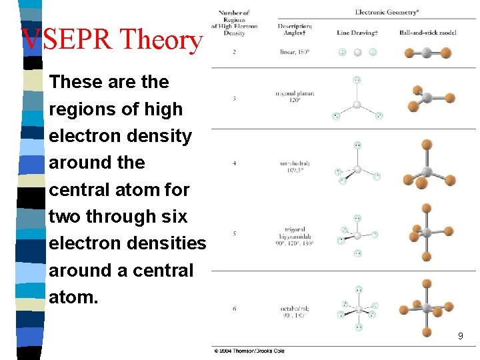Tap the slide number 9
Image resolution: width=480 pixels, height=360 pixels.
(x=460, y=337)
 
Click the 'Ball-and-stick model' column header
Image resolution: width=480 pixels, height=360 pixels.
(x=427, y=32)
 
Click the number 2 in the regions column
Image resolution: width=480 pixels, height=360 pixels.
(x=234, y=52)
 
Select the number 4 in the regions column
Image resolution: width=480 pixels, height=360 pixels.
(x=234, y=163)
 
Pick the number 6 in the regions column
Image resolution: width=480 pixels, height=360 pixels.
(x=234, y=309)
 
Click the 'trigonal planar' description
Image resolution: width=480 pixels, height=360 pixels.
(x=295, y=97)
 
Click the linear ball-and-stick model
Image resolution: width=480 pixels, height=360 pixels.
(x=427, y=53)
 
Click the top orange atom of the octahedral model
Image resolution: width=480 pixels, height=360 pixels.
(x=427, y=283)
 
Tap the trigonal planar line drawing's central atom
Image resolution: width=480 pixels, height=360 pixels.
(x=357, y=105)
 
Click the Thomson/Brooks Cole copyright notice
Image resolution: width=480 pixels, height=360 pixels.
(x=249, y=351)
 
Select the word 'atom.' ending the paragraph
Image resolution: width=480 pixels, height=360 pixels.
(x=73, y=297)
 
